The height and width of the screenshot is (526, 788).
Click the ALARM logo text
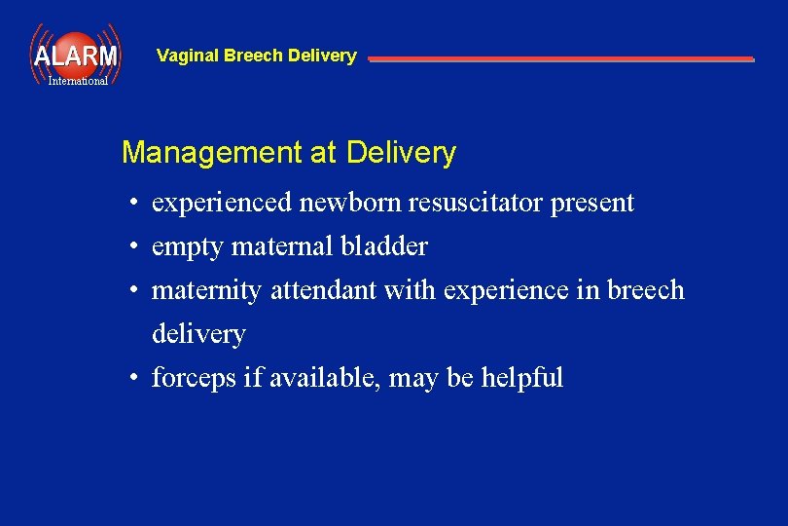[x=75, y=56]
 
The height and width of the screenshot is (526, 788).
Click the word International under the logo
[x=78, y=81]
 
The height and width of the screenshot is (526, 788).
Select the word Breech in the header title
[x=249, y=56]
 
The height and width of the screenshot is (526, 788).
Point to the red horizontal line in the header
[x=560, y=59]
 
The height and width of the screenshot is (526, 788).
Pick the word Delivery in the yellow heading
[x=401, y=153]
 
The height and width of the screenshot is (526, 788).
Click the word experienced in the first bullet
[x=222, y=204]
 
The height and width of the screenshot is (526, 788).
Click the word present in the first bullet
[x=591, y=204]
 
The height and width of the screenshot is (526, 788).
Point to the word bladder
[x=383, y=246]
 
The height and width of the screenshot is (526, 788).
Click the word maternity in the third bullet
[x=207, y=291]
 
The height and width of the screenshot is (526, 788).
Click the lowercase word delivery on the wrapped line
[x=198, y=334]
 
